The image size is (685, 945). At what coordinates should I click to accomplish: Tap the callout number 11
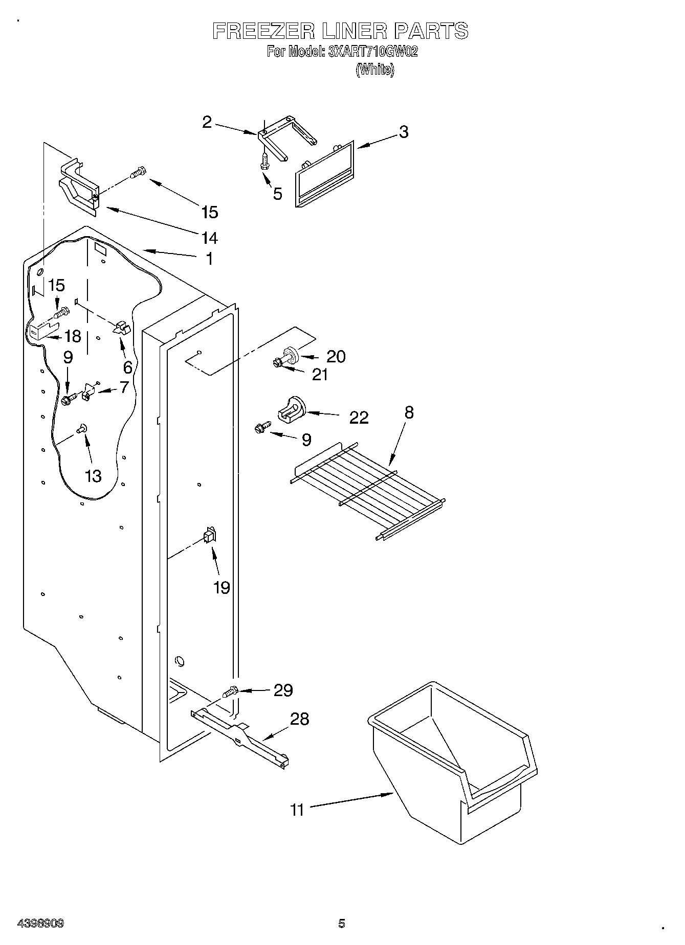tap(297, 810)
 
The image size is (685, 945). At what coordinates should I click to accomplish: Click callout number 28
tap(299, 719)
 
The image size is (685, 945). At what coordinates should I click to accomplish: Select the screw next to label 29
tap(230, 693)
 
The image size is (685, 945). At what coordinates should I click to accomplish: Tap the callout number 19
tap(222, 588)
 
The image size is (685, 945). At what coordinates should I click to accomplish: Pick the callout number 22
tap(359, 418)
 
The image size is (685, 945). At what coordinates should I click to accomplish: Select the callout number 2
tap(207, 122)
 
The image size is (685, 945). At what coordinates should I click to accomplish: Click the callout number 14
tap(210, 238)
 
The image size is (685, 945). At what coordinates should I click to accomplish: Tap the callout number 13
tap(93, 476)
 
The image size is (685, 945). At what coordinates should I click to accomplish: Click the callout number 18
tap(73, 336)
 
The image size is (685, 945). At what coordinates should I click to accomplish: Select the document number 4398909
tap(40, 924)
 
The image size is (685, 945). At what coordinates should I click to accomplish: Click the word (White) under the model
tap(375, 70)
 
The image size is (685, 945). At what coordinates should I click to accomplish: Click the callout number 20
tap(336, 356)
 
